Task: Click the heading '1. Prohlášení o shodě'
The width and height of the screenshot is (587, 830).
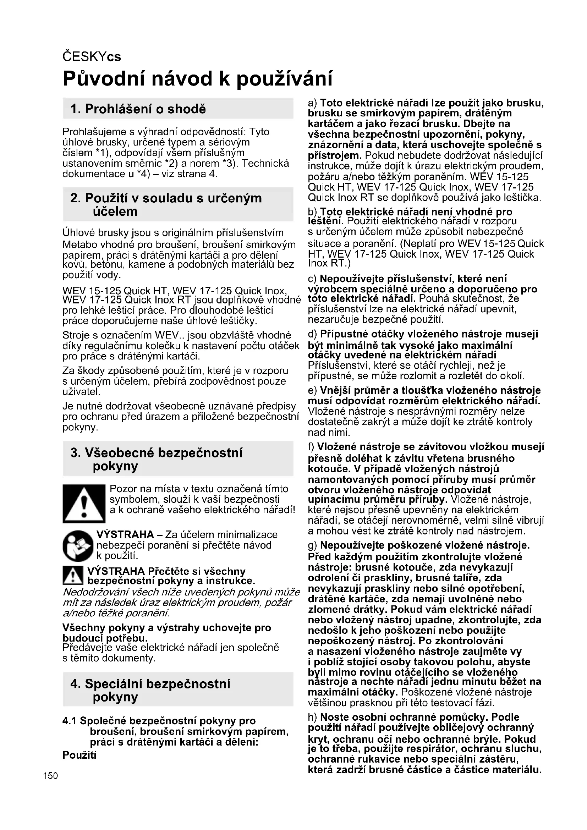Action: [138, 109]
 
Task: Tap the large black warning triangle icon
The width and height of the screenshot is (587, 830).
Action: [84, 504]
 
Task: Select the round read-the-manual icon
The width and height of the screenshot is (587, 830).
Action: [78, 546]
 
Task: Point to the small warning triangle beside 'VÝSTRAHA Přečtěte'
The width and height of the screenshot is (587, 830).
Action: [73, 576]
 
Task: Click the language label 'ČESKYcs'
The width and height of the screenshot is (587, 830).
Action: [92, 57]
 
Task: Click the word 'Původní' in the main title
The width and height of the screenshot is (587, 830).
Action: [104, 78]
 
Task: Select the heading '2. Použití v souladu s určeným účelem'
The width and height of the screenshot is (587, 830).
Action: [166, 205]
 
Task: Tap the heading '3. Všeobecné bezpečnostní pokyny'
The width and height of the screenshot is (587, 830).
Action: [156, 459]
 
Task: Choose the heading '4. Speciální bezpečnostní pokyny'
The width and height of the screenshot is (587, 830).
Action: [150, 691]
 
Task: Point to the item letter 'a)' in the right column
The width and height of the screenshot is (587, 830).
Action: [312, 103]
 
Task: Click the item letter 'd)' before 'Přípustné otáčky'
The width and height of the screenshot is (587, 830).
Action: [312, 334]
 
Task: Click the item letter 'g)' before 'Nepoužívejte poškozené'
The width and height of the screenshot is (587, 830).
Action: [312, 545]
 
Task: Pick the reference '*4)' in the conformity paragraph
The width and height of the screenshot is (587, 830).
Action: [143, 174]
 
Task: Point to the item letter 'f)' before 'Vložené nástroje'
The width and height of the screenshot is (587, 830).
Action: [311, 447]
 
